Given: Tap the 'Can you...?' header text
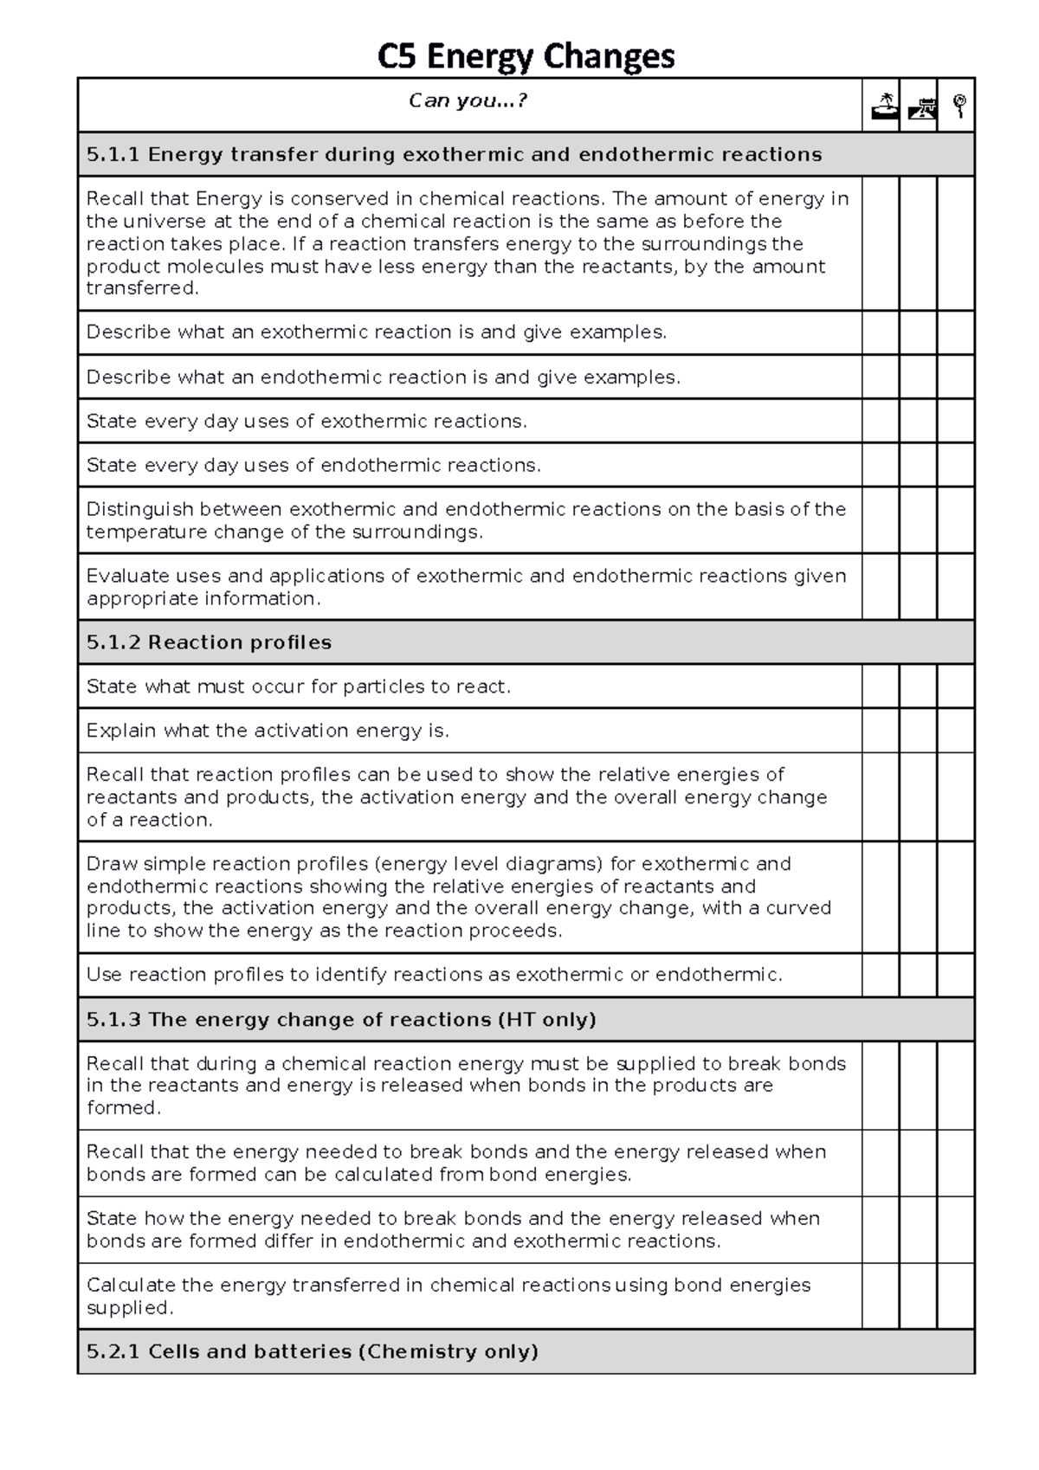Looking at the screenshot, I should coord(468,101).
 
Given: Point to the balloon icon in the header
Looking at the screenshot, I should coord(958,106).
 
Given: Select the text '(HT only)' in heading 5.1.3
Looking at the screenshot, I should coord(547,1020).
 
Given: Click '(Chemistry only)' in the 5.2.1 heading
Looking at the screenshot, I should coord(448,1351).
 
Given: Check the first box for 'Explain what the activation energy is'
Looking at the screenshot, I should coord(881,731).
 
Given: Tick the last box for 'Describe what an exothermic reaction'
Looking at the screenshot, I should coord(956,332).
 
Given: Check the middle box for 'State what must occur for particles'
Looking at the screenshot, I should coord(919,687).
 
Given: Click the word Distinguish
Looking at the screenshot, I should coord(139,510).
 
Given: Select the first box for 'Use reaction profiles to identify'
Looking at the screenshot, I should coord(881,975).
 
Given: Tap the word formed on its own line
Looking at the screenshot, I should coord(122,1108).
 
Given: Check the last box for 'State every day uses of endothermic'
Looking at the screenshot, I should coord(956,466).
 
